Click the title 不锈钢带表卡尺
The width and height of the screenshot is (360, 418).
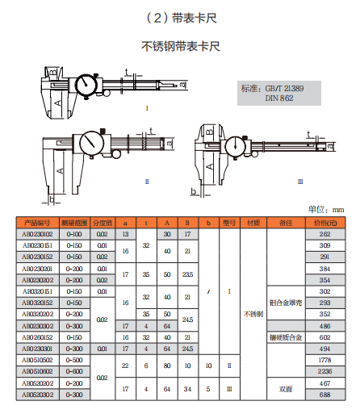click(x=181, y=45)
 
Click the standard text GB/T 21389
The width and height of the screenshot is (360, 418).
click(x=281, y=87)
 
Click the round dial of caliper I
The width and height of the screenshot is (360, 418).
click(x=86, y=86)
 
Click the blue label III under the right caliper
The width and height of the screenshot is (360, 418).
click(x=300, y=182)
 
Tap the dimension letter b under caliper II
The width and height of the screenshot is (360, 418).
click(x=51, y=199)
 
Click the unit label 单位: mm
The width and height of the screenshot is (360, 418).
click(x=326, y=209)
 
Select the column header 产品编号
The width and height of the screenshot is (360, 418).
click(x=37, y=222)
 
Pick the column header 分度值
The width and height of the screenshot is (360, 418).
click(x=103, y=222)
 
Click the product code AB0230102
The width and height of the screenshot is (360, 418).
click(x=37, y=233)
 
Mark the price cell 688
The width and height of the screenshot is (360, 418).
click(x=325, y=395)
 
